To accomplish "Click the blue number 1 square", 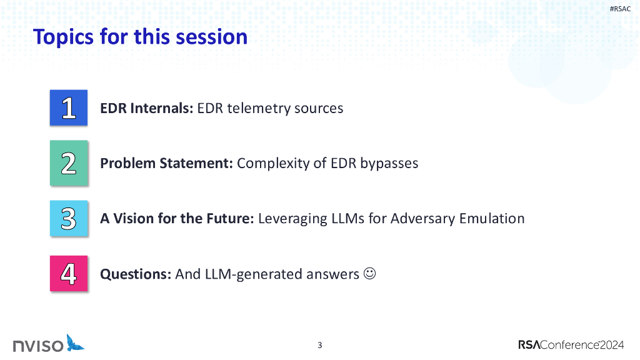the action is point(69,107).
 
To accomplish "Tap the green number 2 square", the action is point(69,163).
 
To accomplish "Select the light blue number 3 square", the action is point(69,218).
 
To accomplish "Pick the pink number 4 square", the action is point(69,274).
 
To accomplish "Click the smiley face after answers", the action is point(369,273).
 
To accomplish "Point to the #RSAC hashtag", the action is point(620,9).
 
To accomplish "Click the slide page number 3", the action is point(320,345).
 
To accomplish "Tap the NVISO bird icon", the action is point(75,343).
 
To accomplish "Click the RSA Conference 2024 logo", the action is point(571,345).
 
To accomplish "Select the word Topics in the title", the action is point(64,37).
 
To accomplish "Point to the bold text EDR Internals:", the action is point(146,108).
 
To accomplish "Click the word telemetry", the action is point(259,109).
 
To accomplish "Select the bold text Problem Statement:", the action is point(166,163).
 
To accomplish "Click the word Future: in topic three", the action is point(230,218).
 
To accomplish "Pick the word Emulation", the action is point(492,218).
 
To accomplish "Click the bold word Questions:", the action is point(136,274).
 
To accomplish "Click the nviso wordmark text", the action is point(38,346).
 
